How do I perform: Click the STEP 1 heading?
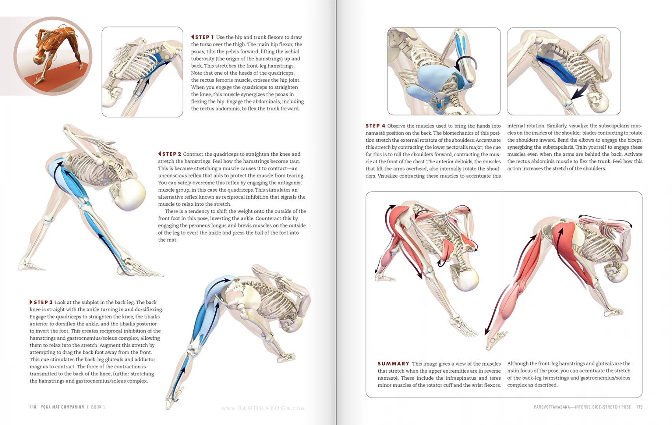tap(204, 37)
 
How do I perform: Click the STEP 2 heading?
tap(172, 154)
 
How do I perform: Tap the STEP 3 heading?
tap(43, 302)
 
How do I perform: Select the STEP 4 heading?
tap(375, 126)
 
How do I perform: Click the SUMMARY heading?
tap(393, 364)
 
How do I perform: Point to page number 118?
tap(33, 407)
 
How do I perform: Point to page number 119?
tap(639, 407)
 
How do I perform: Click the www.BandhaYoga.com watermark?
tap(263, 408)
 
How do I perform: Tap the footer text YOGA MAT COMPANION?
tap(63, 407)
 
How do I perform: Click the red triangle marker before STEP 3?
tap(31, 302)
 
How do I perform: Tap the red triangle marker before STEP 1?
tap(193, 37)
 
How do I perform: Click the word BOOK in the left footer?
tap(96, 407)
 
